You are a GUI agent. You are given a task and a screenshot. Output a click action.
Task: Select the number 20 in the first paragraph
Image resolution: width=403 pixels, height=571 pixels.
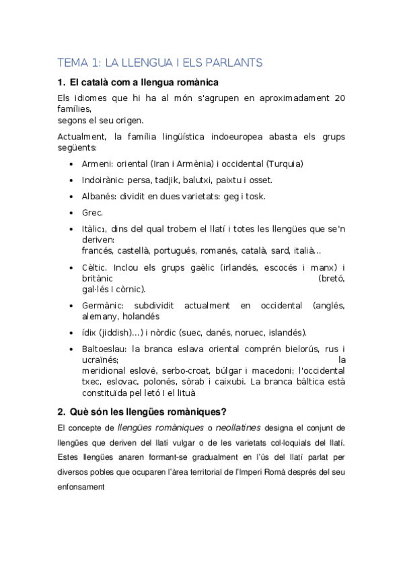click(x=340, y=98)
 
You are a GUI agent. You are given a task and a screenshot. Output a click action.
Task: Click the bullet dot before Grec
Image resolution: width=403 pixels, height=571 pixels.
click(x=72, y=213)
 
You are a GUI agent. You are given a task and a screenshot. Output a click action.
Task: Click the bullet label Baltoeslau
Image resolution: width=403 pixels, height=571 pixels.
click(x=104, y=349)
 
